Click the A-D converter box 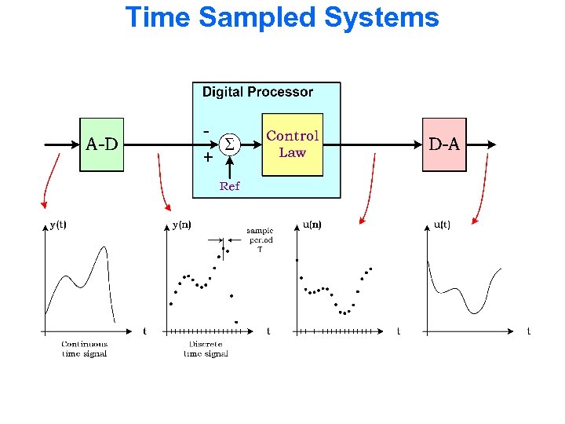pyautogui.click(x=102, y=144)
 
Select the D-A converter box pyautogui.click(x=444, y=144)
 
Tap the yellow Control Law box pyautogui.click(x=292, y=144)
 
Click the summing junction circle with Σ pyautogui.click(x=229, y=144)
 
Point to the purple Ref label pyautogui.click(x=229, y=186)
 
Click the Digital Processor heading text pyautogui.click(x=257, y=92)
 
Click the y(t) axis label pyautogui.click(x=58, y=225)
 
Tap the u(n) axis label pyautogui.click(x=312, y=225)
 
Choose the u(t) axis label pyautogui.click(x=442, y=225)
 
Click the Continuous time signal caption pyautogui.click(x=84, y=349)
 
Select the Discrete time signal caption pyautogui.click(x=206, y=349)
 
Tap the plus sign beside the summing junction pyautogui.click(x=207, y=157)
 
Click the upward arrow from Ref pyautogui.click(x=229, y=167)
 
